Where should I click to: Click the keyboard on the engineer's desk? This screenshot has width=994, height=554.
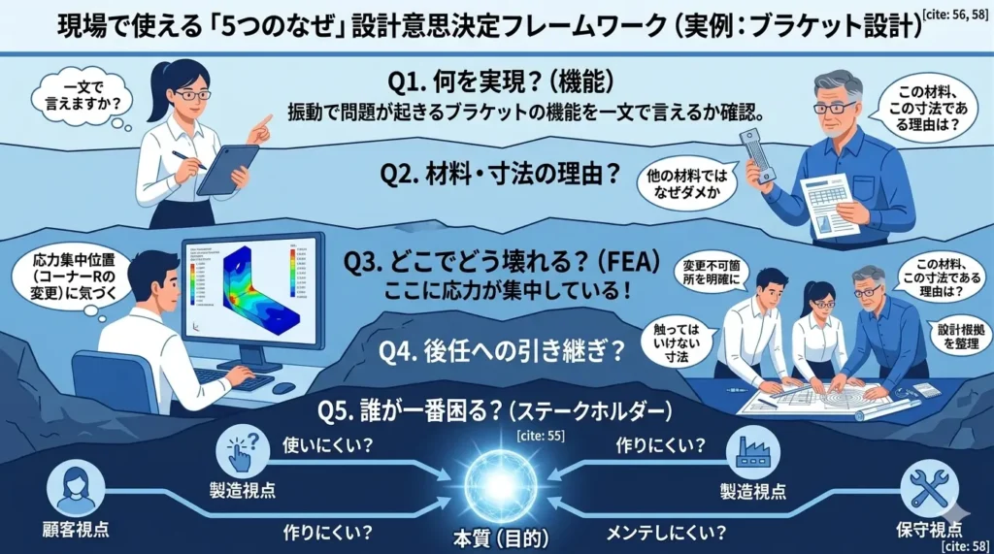[x=233, y=378]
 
